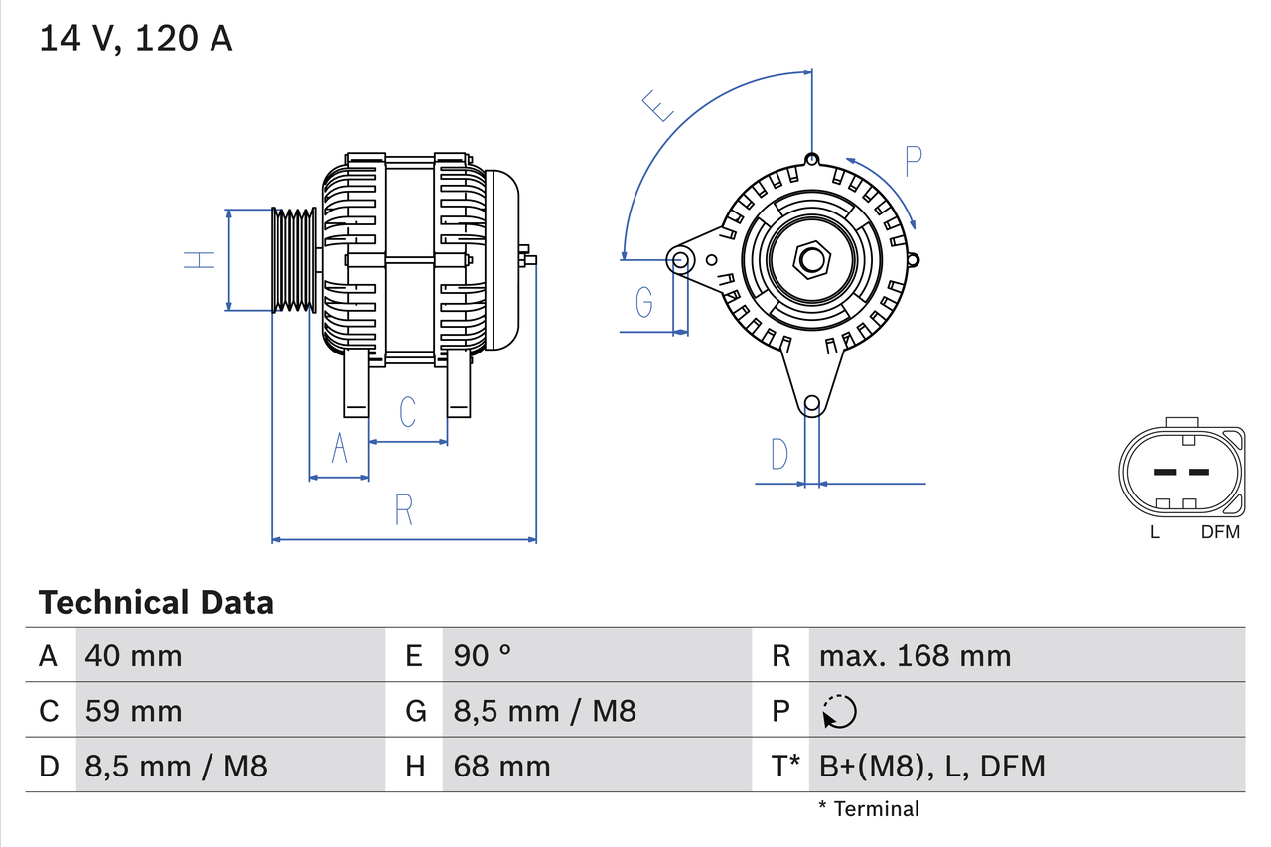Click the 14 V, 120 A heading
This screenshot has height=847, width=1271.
136,39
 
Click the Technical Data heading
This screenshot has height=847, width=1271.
156,602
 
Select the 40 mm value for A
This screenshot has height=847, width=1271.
134,655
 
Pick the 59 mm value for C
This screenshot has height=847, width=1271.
134,711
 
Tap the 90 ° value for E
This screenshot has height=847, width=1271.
484,655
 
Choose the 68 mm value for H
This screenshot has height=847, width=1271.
501,766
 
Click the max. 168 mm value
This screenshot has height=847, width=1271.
915,655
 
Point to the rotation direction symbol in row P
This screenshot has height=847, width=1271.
839,711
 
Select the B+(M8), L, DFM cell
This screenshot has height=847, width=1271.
931,766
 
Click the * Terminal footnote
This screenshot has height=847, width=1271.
869,808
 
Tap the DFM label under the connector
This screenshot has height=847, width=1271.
1220,532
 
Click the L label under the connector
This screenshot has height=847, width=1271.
1154,532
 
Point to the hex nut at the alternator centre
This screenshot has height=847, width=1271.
812,260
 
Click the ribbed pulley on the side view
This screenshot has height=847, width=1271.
295,260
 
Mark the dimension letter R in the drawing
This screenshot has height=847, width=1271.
403,509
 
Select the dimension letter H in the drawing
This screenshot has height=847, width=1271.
200,260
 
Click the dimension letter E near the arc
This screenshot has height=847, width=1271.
657,105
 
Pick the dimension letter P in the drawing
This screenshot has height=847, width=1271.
913,161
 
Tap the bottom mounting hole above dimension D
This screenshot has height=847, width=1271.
812,403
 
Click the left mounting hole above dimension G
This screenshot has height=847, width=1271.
681,260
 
